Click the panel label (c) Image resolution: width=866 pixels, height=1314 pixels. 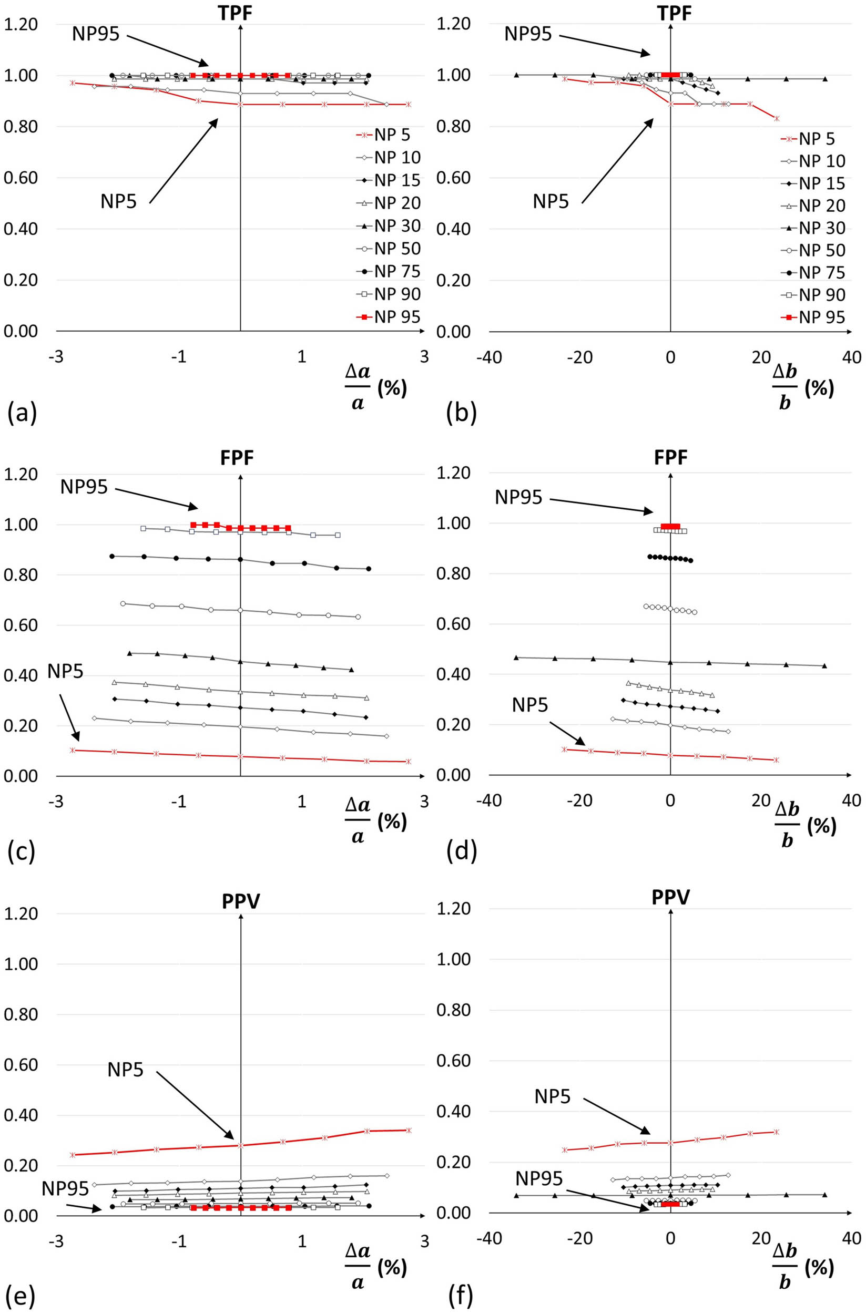click(22, 852)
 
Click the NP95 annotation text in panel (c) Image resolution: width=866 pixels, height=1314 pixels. click(84, 486)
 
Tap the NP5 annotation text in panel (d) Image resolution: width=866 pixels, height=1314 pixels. click(529, 704)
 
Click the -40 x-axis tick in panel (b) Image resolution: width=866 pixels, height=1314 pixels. click(489, 357)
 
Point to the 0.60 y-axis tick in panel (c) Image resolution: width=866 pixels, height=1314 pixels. click(21, 625)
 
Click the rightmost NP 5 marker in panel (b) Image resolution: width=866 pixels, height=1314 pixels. click(777, 118)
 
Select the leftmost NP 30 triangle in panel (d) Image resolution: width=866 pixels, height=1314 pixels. click(516, 658)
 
